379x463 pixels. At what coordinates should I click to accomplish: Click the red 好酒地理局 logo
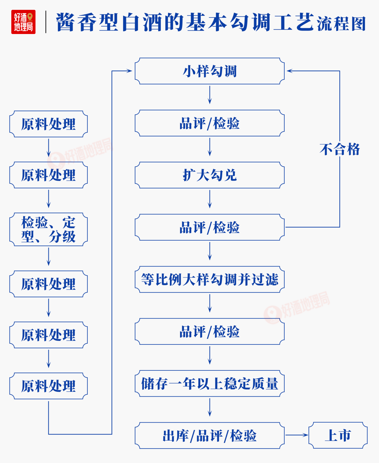24,22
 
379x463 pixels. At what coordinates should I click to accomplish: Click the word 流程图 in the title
341,24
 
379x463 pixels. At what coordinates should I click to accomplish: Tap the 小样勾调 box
210,71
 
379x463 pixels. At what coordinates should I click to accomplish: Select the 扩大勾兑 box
210,175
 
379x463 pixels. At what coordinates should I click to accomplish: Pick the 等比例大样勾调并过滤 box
210,280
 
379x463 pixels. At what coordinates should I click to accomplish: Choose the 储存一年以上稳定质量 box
210,384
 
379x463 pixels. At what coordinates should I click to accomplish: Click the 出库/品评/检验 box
210,436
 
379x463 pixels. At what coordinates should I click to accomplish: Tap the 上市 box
338,436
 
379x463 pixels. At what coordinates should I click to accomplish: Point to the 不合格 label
340,149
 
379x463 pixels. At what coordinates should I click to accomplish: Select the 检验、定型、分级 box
48,229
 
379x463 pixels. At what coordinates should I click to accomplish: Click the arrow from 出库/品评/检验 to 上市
297,435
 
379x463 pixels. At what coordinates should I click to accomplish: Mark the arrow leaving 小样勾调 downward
210,95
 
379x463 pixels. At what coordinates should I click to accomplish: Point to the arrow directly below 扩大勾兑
210,199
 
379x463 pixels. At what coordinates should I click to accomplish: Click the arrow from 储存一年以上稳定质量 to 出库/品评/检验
210,408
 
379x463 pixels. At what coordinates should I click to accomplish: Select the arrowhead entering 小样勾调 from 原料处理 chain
129,71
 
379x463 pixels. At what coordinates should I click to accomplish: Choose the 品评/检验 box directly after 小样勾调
210,123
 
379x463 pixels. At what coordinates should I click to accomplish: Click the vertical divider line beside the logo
46,22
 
